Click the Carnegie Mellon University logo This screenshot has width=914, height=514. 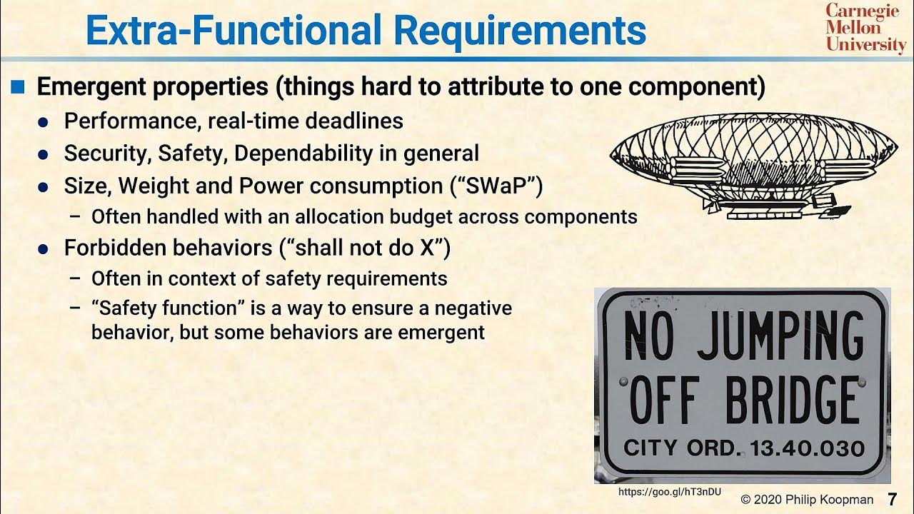[x=865, y=28]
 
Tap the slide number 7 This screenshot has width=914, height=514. [x=892, y=499]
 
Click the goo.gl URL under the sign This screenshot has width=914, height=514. [x=669, y=492]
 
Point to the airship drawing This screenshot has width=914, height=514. [x=754, y=165]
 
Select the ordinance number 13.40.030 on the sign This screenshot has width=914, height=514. [x=807, y=448]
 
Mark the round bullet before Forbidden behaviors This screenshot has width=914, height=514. [x=43, y=250]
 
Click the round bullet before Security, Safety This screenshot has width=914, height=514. [x=43, y=154]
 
